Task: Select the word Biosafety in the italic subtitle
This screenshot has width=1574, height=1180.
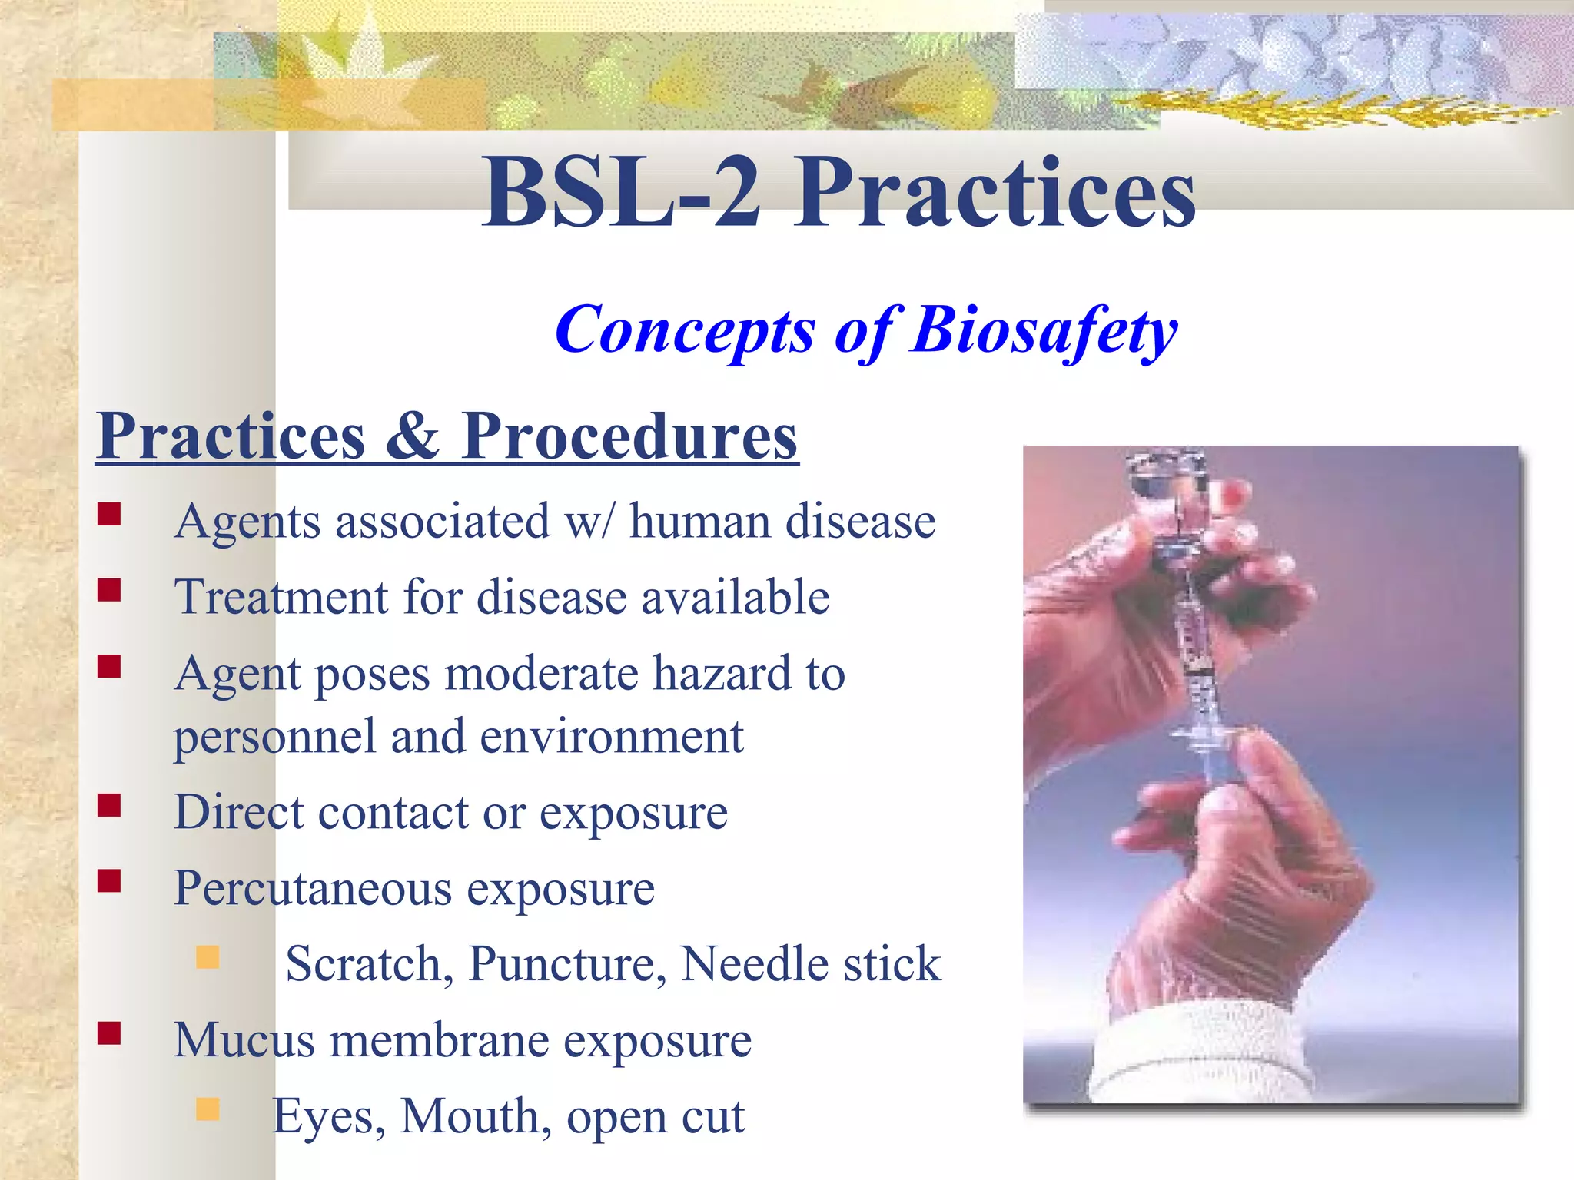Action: click(1044, 330)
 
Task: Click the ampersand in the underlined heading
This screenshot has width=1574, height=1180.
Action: click(413, 436)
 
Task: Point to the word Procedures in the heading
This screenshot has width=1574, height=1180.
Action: click(629, 436)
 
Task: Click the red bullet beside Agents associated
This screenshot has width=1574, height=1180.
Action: click(109, 514)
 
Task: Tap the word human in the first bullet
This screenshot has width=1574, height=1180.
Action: click(700, 522)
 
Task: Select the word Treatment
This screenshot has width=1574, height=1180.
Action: click(281, 597)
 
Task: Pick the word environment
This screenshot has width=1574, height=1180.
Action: click(612, 737)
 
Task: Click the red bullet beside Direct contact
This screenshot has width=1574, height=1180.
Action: click(109, 805)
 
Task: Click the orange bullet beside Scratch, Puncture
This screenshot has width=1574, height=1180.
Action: click(208, 957)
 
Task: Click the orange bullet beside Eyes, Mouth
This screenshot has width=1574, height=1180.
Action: click(208, 1109)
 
